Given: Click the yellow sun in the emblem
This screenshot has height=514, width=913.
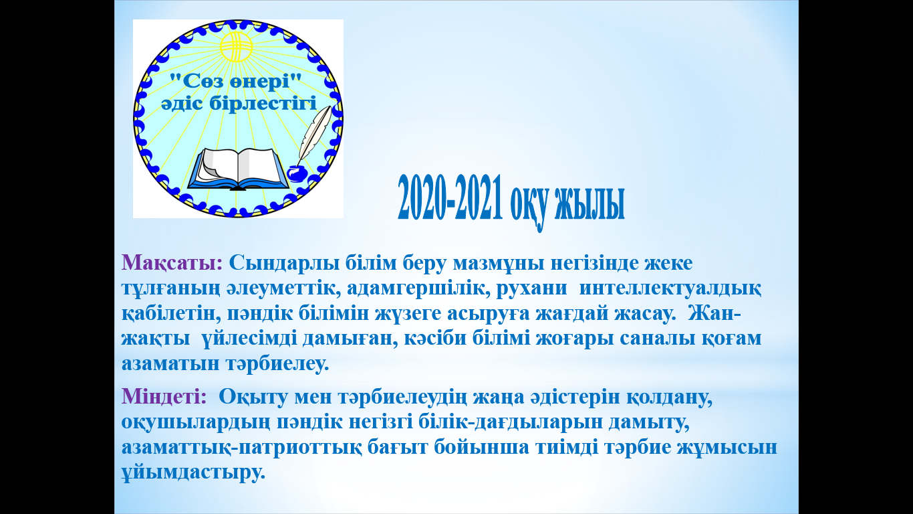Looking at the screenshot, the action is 236,46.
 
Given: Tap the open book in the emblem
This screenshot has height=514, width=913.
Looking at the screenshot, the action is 238,169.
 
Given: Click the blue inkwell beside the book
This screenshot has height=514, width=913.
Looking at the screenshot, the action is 297,173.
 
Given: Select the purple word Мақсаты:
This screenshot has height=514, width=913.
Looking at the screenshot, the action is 172,262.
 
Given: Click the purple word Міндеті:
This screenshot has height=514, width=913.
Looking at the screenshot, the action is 164,396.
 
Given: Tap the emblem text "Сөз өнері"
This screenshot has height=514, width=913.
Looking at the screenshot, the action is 235,81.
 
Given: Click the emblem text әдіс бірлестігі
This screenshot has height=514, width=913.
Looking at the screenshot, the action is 239,103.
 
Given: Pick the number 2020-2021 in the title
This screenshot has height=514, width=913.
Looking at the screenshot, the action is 450,197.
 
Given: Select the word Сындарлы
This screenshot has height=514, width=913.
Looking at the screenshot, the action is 285,262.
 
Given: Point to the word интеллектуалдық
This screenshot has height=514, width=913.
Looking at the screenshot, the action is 670,288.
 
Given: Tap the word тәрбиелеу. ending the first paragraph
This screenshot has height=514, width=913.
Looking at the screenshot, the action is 277,363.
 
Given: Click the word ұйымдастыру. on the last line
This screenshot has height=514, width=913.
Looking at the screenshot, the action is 194,473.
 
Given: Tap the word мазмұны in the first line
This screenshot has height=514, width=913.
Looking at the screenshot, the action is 499,263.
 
